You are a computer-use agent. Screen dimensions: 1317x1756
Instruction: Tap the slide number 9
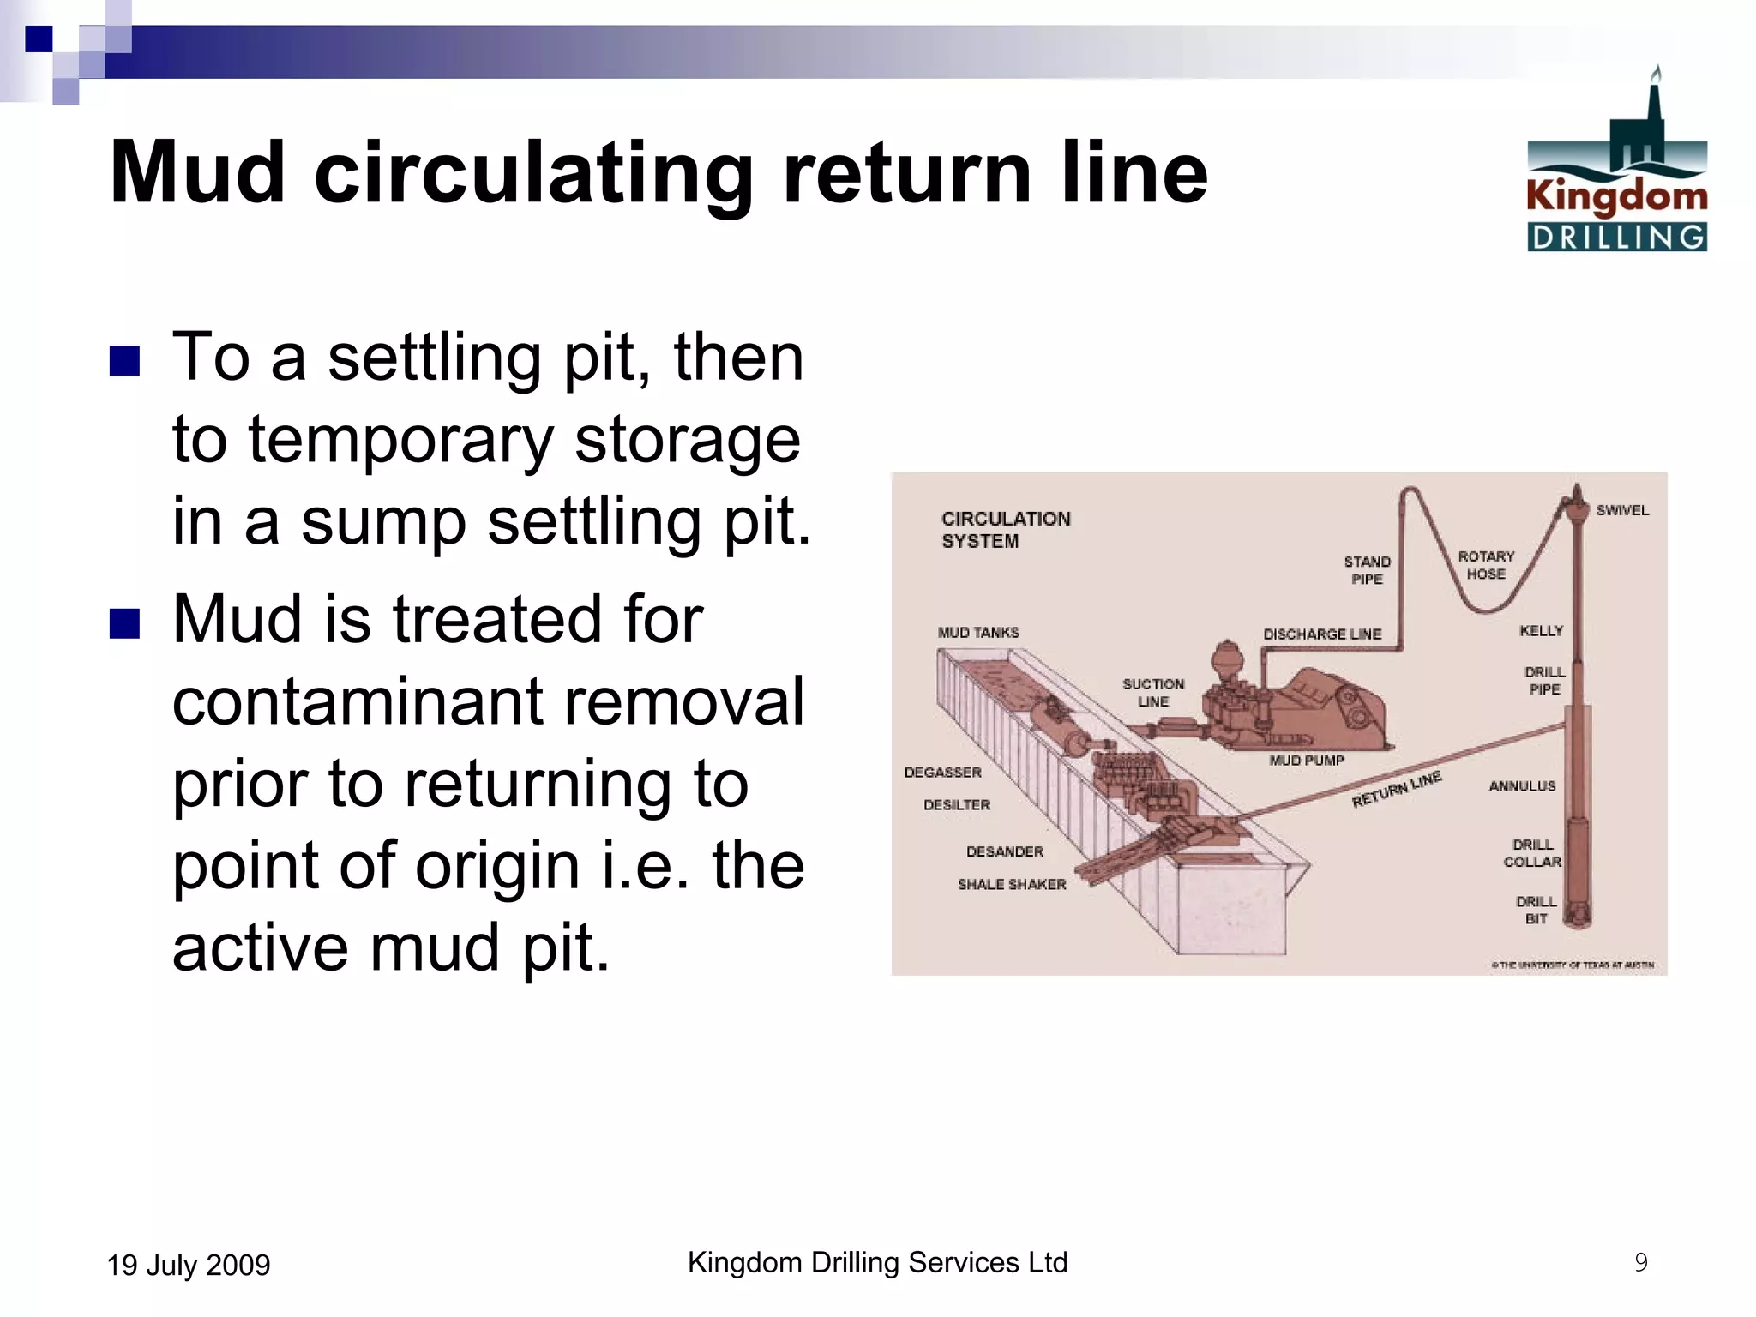pos(1640,1262)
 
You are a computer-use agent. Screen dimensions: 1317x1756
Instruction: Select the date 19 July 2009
pos(189,1266)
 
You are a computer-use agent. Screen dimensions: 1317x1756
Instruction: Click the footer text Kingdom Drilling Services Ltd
pos(877,1262)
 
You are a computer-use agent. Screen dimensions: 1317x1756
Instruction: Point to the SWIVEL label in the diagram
pos(1622,510)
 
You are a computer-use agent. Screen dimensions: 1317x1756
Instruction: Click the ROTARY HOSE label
pos(1486,565)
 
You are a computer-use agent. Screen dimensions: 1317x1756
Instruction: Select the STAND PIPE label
pos(1367,570)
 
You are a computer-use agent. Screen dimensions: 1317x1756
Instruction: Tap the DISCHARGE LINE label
pos(1322,634)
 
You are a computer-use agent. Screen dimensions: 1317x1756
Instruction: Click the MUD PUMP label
pos(1307,761)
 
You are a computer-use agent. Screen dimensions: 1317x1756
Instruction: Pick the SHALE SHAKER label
pos(1012,884)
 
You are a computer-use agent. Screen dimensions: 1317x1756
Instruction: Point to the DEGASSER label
pos(942,773)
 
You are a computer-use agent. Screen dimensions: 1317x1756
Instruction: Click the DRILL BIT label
pos(1536,910)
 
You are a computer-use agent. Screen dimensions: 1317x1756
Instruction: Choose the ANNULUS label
pos(1522,786)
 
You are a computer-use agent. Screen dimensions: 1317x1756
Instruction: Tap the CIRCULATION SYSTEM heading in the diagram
pos(1005,530)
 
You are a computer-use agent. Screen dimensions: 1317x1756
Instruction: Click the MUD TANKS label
pos(978,633)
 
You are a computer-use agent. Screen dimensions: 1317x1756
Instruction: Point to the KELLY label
pos(1541,631)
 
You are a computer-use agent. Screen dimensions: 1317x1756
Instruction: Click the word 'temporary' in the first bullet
pos(400,441)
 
